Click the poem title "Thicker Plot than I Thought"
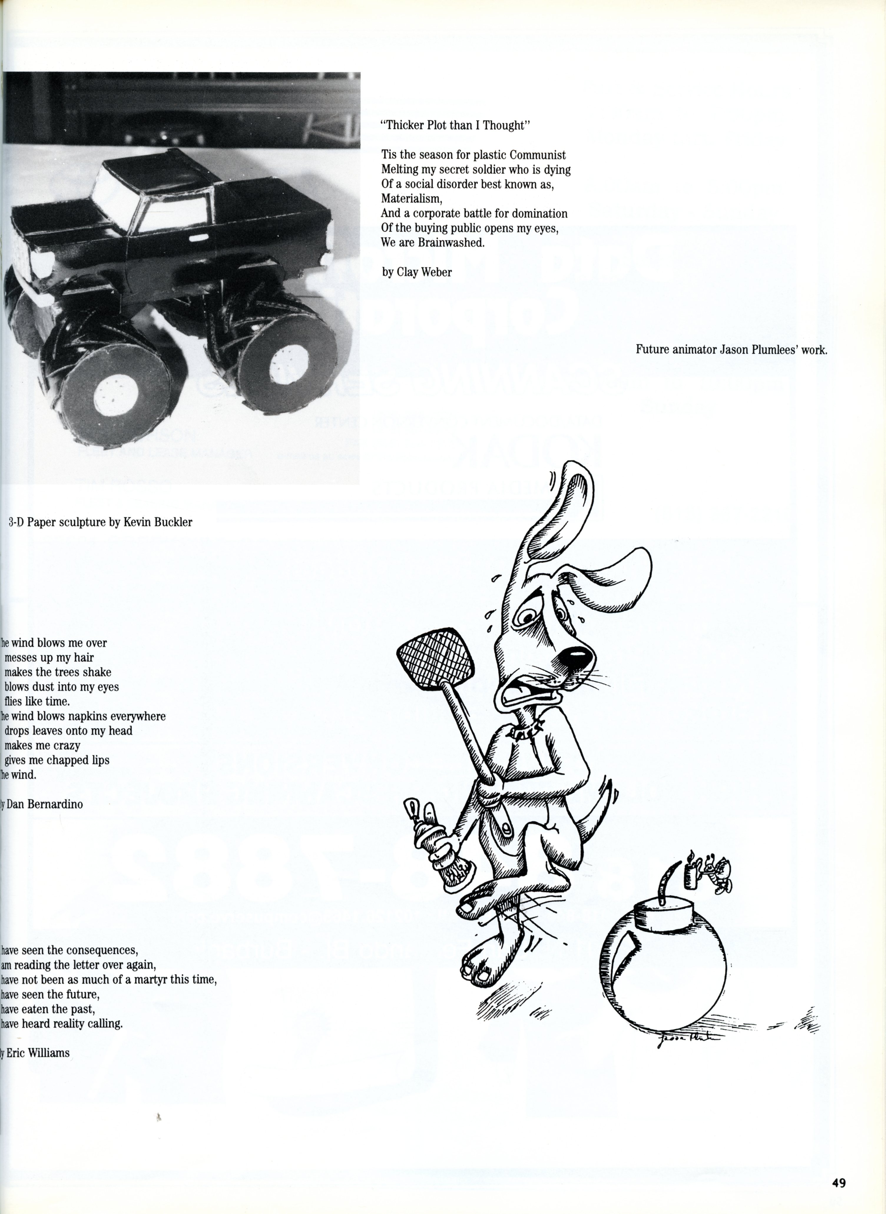point(455,125)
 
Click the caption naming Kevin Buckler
point(100,522)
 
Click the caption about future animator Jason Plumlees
point(731,350)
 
